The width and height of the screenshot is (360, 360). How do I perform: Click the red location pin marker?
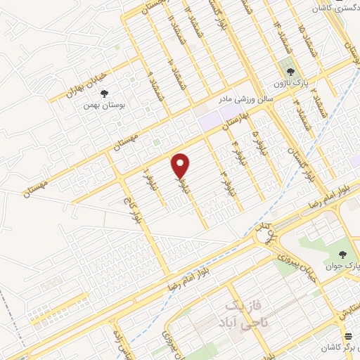click(x=181, y=165)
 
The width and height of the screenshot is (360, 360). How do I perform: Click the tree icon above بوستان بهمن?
click(x=103, y=92)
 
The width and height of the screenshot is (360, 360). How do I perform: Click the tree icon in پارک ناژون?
click(x=288, y=71)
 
